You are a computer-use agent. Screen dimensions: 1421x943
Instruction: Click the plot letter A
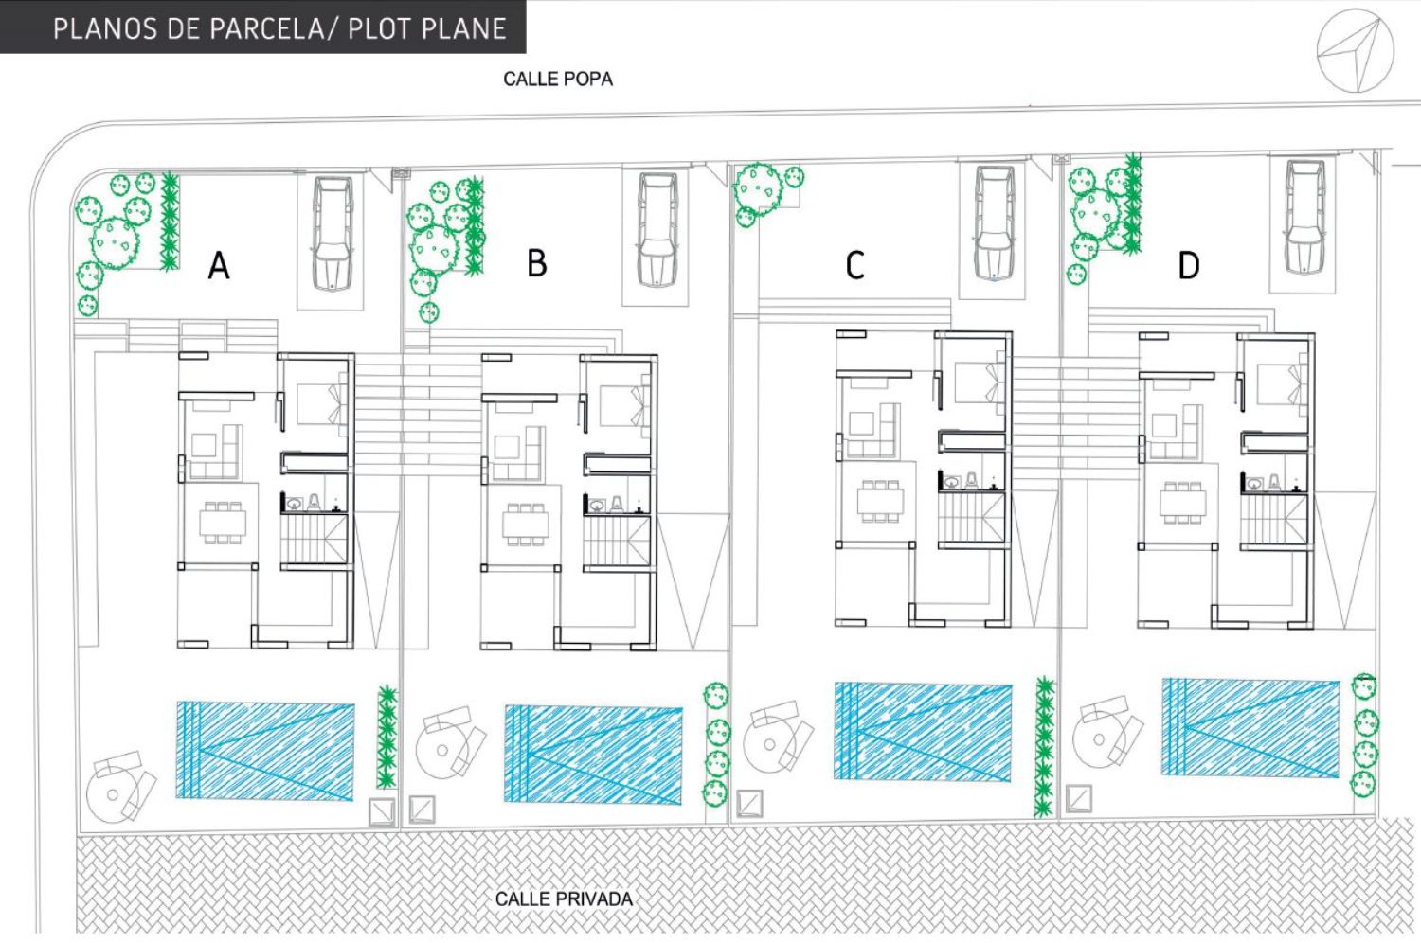coord(219,265)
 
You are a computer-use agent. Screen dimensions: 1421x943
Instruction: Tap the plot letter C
coord(854,265)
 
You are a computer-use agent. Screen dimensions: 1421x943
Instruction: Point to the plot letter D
coord(1189,266)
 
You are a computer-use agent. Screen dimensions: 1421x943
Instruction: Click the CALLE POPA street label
coord(558,80)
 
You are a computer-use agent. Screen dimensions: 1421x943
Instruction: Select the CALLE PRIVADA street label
coord(564,899)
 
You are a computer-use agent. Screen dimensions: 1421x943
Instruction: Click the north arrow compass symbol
coord(1356,51)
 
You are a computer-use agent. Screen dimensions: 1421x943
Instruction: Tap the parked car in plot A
coord(332,233)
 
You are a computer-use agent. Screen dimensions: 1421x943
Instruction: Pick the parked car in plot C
coord(994,223)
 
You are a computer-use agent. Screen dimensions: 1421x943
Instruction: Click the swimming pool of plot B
coord(593,755)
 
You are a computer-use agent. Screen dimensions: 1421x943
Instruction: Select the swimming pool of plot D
coord(1251,728)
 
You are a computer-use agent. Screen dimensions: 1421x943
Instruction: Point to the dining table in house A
coord(223,524)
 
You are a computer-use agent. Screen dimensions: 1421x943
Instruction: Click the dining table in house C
coord(880,502)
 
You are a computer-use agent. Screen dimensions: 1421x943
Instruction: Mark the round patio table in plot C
coord(770,744)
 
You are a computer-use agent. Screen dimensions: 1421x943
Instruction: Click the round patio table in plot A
coord(113,794)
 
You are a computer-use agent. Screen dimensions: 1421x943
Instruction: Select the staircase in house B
coord(618,540)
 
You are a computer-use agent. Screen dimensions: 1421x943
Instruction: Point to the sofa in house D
coord(1175,433)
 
